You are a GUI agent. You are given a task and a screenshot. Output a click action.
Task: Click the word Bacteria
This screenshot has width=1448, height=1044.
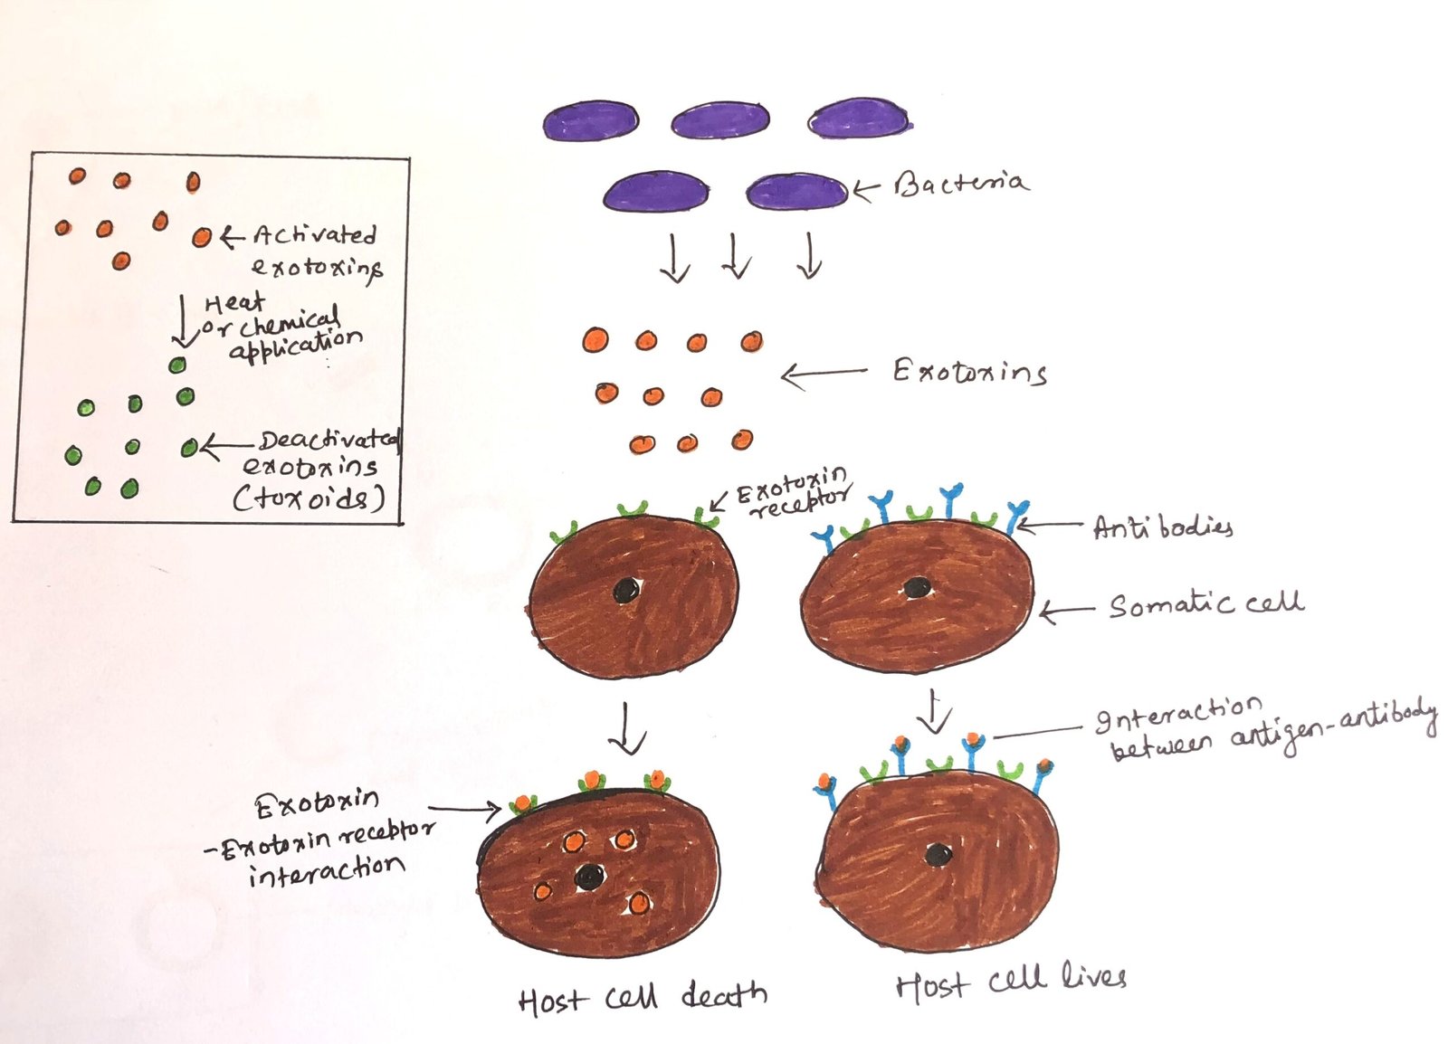coord(961,185)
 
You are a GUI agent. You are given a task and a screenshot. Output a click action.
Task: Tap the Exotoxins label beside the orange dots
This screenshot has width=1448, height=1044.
coord(969,372)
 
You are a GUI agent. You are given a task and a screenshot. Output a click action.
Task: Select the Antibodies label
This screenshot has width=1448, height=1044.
coord(1162,527)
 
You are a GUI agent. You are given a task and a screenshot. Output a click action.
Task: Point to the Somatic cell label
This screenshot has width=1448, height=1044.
coord(1205,604)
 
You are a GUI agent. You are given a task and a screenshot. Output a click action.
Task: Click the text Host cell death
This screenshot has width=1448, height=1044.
coord(643,997)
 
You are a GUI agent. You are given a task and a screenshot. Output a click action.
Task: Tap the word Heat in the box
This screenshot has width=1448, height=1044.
coord(234,303)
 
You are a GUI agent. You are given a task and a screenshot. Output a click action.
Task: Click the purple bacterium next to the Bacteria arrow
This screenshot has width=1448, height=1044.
coord(795,192)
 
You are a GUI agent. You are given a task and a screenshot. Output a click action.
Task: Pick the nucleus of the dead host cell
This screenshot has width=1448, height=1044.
coord(590,875)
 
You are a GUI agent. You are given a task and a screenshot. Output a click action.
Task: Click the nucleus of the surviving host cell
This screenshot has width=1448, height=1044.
coord(938,853)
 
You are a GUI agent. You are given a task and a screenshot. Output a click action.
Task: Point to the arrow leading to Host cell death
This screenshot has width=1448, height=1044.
coord(626,728)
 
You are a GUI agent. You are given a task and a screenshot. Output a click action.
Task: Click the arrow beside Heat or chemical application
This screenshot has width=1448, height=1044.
coord(184,321)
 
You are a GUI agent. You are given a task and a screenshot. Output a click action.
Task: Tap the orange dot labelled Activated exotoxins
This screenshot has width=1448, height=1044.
coord(202,238)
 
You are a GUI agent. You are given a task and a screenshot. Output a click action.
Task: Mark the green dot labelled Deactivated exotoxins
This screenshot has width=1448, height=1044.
coord(189,448)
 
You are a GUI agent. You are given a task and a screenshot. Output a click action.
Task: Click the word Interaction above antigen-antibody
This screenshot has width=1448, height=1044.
coord(1178,716)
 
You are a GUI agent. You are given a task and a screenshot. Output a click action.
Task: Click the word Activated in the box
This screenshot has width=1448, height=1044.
coord(314,235)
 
